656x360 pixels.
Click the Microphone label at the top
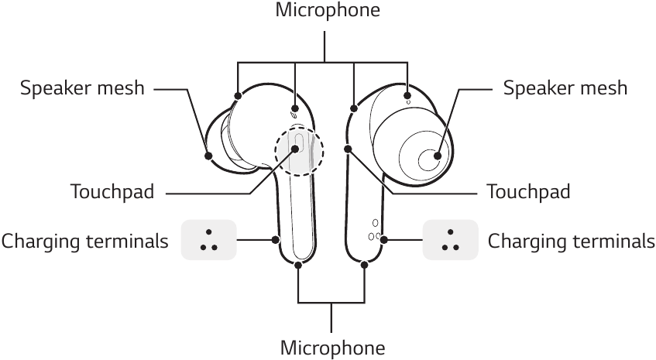(328, 10)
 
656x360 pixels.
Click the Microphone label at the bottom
(331, 347)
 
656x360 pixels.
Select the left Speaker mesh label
(82, 88)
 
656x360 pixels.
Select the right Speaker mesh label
(565, 88)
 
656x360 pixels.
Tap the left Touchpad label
(112, 191)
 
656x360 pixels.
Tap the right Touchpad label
(527, 191)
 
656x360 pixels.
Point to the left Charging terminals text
(84, 242)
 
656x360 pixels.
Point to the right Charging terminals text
(571, 242)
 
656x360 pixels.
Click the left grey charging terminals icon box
(207, 240)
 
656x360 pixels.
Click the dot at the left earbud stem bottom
(299, 265)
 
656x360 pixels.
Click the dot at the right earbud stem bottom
(364, 265)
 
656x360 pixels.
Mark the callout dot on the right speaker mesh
(438, 156)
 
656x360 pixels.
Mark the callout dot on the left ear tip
(209, 155)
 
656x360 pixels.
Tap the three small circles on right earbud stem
(375, 231)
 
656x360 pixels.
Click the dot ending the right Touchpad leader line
(348, 149)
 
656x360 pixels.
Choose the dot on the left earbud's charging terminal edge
(276, 240)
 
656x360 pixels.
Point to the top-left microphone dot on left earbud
(237, 95)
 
